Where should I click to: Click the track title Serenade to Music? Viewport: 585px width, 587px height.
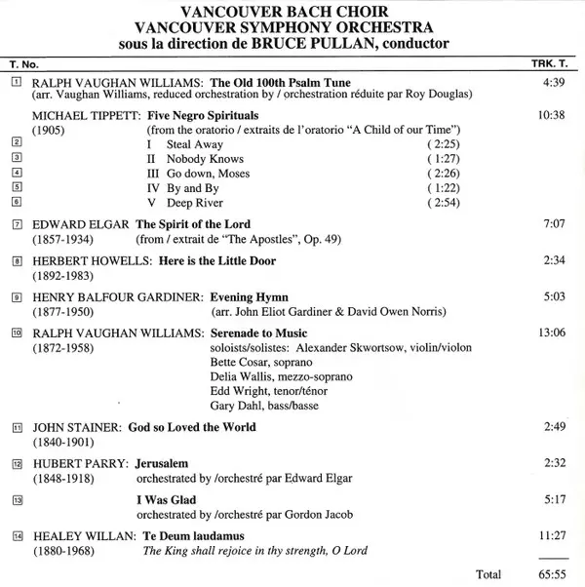(258, 333)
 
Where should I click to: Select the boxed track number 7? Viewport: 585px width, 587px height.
(17, 224)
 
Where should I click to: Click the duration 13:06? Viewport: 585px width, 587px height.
(552, 333)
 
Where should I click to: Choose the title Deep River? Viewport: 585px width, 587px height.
(195, 203)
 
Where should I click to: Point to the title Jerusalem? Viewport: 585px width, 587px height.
(162, 463)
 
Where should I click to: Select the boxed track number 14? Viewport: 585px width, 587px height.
(17, 536)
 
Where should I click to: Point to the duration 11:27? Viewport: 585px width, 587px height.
(552, 536)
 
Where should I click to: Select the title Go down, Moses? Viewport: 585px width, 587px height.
(208, 174)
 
